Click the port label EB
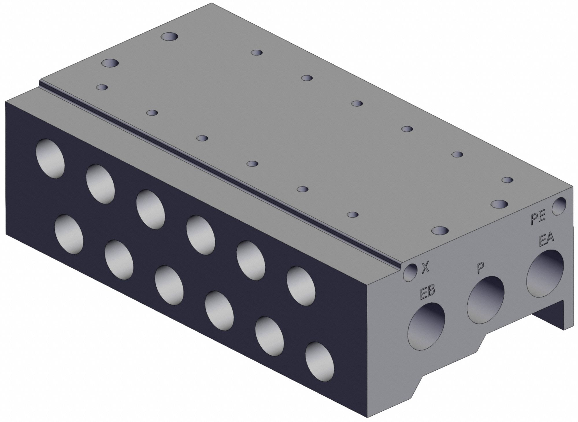pos(427,292)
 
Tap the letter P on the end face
pos(480,268)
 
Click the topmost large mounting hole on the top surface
pos(169,37)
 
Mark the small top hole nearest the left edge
pos(102,87)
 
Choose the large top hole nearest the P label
pos(440,230)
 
